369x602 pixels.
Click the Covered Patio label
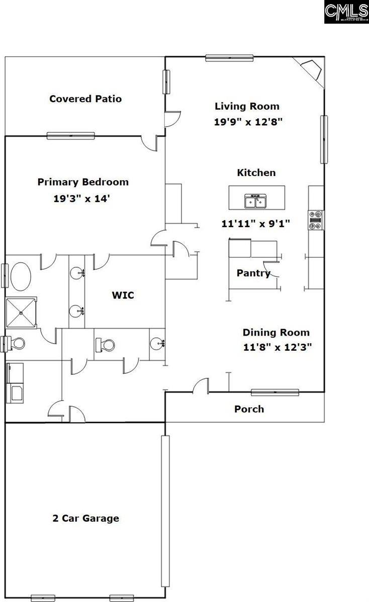(85, 99)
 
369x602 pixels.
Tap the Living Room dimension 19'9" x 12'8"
(247, 121)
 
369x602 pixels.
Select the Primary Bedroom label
(83, 182)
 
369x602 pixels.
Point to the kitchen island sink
(256, 201)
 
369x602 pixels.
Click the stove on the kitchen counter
(316, 220)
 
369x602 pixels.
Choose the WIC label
(123, 295)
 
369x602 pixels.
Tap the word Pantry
(253, 273)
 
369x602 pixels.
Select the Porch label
(249, 409)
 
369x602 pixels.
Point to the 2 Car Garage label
(86, 518)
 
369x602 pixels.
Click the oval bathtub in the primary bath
(20, 276)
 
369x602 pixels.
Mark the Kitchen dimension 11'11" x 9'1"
(256, 224)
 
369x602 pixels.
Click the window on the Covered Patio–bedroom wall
(71, 135)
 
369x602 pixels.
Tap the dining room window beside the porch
(275, 392)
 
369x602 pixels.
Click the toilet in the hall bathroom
(106, 344)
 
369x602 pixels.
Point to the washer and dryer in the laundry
(15, 383)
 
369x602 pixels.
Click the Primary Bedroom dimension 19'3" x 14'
(82, 198)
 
